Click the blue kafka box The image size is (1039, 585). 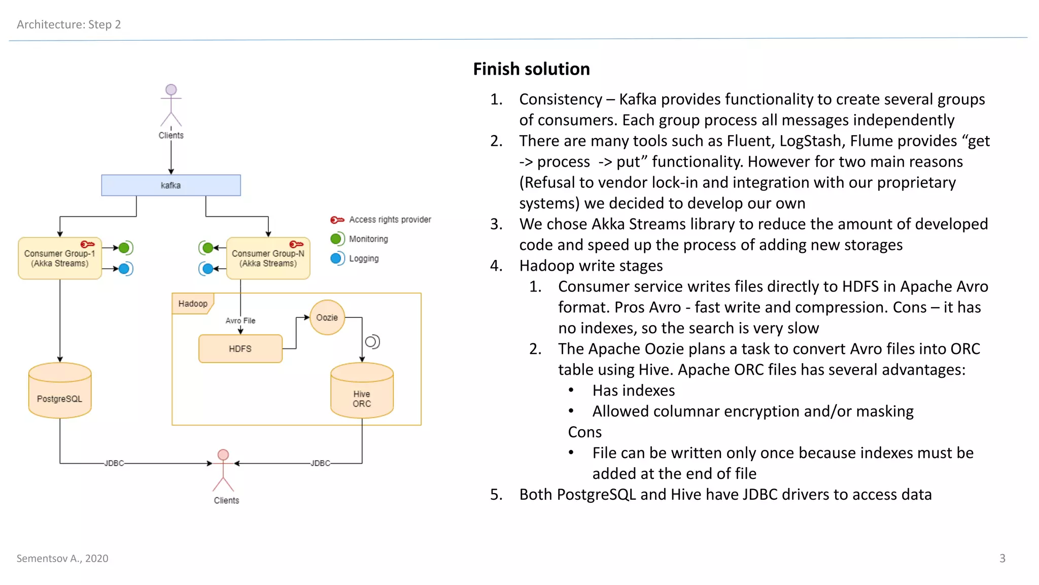(x=171, y=185)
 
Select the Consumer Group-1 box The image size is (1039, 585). (x=59, y=258)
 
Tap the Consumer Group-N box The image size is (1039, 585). (x=268, y=258)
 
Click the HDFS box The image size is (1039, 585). (x=240, y=349)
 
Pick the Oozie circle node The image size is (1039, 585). (x=327, y=317)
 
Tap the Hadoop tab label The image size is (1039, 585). (x=193, y=304)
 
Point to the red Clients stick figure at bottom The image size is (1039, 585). (x=223, y=470)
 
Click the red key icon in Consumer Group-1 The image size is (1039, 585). (x=87, y=244)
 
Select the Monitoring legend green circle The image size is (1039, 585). (x=336, y=239)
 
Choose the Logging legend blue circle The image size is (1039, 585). (x=336, y=258)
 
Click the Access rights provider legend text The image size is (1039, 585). (x=390, y=219)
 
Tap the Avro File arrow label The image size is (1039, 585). (x=240, y=320)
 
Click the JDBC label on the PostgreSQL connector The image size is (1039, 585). (x=114, y=463)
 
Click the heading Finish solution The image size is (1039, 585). (x=531, y=69)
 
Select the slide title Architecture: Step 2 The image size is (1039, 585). (x=68, y=24)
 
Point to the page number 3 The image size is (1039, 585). (x=1002, y=559)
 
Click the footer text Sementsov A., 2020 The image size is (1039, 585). (x=62, y=559)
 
